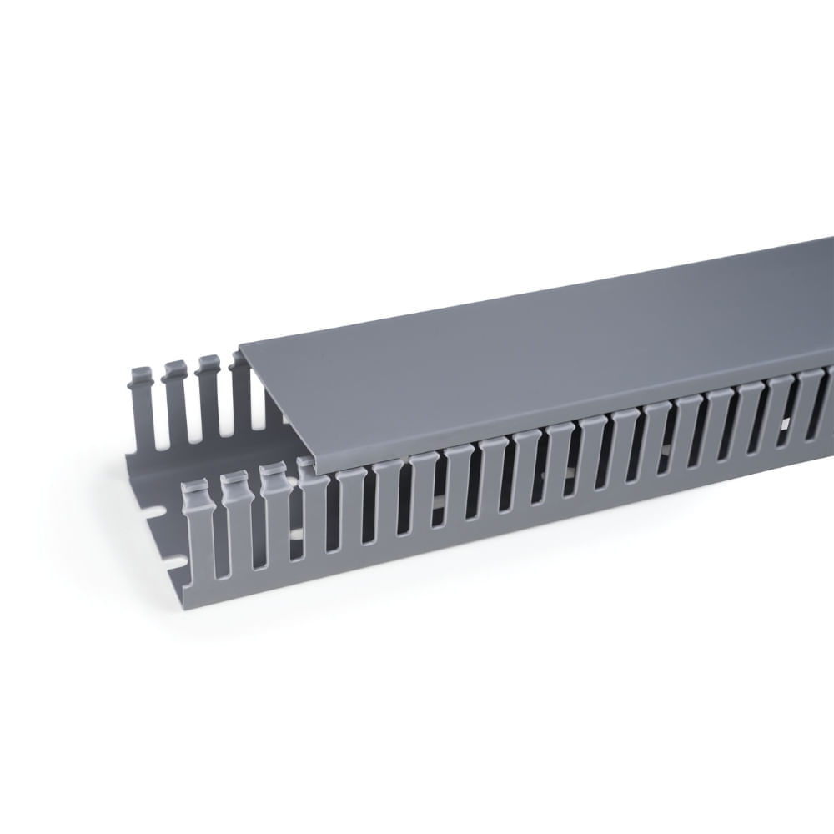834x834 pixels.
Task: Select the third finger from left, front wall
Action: [275, 513]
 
